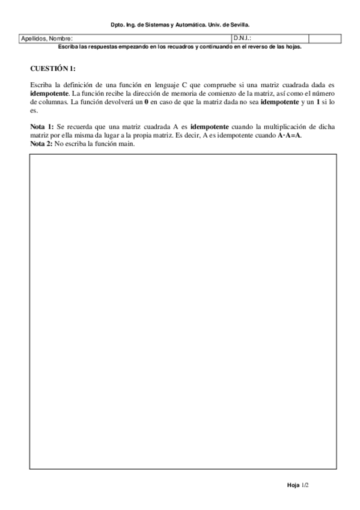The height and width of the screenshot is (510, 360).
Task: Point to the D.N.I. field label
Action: pyautogui.click(x=242, y=38)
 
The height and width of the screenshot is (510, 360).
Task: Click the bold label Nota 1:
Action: pyautogui.click(x=42, y=127)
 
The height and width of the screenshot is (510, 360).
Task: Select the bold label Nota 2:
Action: pyautogui.click(x=42, y=144)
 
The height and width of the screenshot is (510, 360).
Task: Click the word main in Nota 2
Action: pyautogui.click(x=126, y=144)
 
